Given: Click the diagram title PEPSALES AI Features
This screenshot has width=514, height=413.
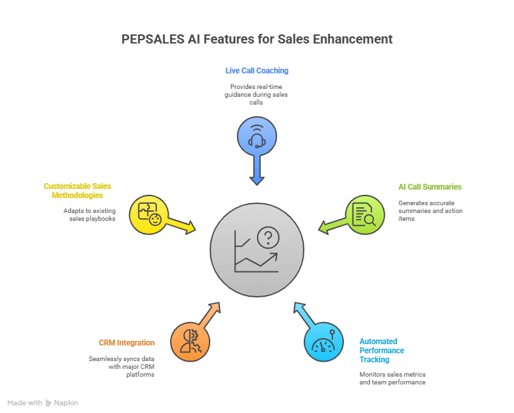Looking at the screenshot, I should [x=257, y=40].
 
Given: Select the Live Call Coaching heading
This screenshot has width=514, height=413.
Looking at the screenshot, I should [x=257, y=70].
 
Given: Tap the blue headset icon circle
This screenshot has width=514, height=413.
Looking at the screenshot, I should [x=257, y=136].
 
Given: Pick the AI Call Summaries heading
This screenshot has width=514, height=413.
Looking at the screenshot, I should [x=430, y=186].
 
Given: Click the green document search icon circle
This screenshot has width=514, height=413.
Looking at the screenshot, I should [x=364, y=214].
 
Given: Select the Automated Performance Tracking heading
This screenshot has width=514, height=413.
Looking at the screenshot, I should [x=382, y=350].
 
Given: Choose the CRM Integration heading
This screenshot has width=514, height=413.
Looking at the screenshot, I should [x=127, y=342].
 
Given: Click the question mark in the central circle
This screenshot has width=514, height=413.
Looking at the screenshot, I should [x=266, y=238].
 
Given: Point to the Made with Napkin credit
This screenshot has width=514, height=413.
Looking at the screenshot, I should [x=43, y=403].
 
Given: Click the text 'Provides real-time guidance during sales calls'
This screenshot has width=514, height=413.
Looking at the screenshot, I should [x=257, y=94].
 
